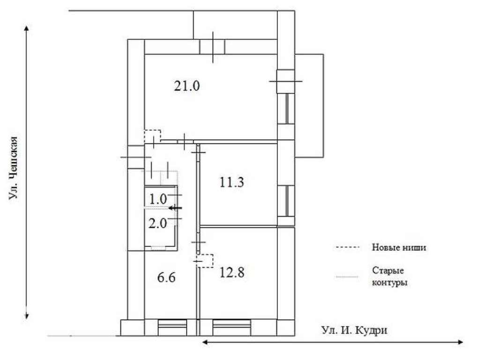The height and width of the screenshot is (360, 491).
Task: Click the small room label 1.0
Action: tap(158, 199)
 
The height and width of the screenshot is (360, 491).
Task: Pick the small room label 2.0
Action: tap(158, 223)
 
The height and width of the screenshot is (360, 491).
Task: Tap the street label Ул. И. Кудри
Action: tap(354, 330)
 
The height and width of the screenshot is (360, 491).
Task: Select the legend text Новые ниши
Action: tap(399, 247)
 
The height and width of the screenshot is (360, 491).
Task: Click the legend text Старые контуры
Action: tap(388, 277)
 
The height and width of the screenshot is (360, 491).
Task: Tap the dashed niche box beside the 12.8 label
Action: tap(205, 261)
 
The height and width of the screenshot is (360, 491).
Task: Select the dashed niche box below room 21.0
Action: tap(152, 136)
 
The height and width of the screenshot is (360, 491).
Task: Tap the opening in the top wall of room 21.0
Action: tap(212, 47)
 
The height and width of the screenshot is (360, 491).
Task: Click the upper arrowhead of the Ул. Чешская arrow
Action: tap(27, 28)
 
